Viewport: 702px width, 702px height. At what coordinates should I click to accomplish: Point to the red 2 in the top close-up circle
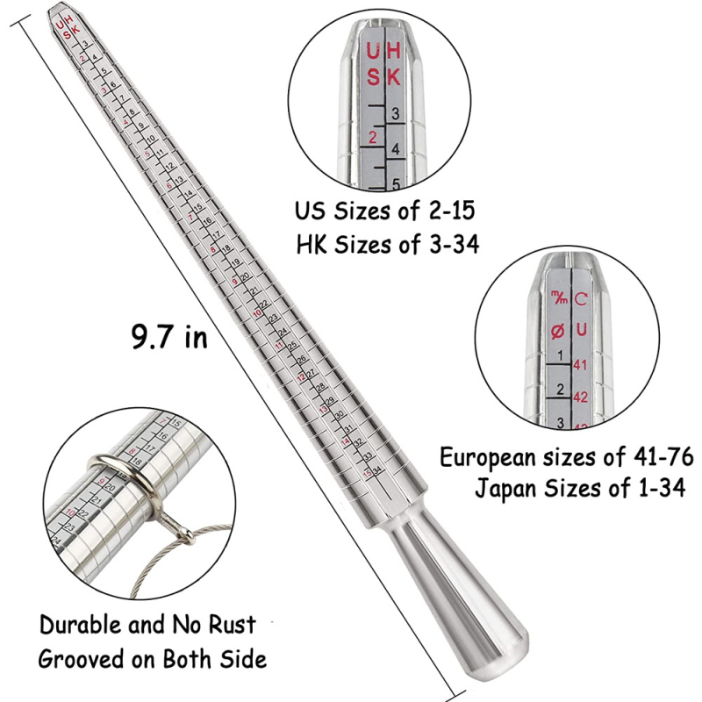click(x=374, y=137)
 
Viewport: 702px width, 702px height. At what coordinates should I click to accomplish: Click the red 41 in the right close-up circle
click(x=579, y=364)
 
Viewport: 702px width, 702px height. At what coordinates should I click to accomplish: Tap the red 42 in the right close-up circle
click(x=579, y=397)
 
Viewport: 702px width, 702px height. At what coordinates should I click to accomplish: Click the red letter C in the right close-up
click(x=581, y=299)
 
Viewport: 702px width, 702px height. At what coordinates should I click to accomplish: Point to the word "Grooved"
click(x=81, y=657)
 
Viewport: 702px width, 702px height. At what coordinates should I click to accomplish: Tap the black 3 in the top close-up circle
click(x=396, y=114)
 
